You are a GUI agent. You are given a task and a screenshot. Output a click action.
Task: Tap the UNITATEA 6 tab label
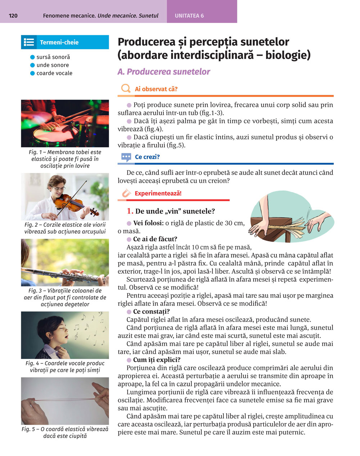(189, 16)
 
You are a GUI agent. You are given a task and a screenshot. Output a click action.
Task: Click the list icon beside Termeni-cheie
(29, 42)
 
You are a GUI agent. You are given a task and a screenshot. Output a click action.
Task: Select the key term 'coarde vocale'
(54, 73)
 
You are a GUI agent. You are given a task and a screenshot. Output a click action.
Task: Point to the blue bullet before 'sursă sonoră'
(32, 57)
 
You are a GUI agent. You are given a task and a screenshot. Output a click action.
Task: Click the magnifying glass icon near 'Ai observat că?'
(126, 88)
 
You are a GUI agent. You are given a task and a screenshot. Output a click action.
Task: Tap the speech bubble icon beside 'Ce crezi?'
(126, 157)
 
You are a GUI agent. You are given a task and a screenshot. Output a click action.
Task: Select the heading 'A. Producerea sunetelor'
(164, 72)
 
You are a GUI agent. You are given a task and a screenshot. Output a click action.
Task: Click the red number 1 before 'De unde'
(130, 211)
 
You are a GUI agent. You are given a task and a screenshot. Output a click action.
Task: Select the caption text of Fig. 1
(65, 159)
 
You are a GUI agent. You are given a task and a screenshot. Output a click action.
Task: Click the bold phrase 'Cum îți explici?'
(157, 360)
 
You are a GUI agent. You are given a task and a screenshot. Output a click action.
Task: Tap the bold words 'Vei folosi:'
(148, 223)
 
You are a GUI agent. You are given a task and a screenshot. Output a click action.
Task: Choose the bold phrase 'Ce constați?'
(151, 311)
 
